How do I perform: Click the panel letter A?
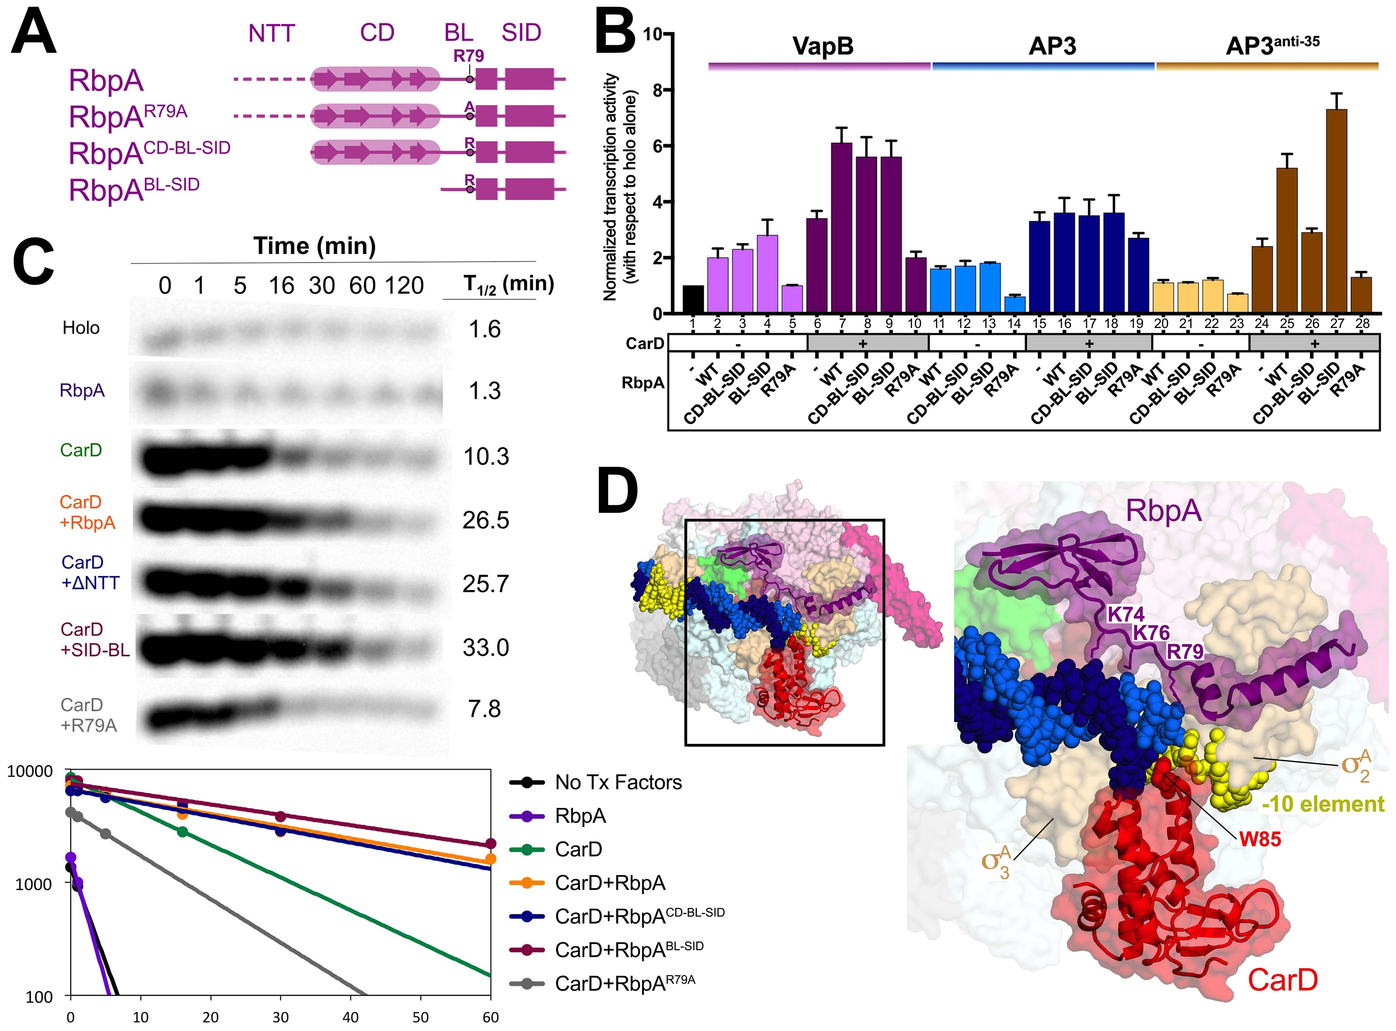tap(34, 33)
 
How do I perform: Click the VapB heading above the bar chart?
tap(823, 46)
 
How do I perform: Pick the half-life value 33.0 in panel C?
tap(485, 648)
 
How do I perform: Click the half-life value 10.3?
tap(485, 457)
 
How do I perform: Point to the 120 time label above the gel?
tap(404, 286)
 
